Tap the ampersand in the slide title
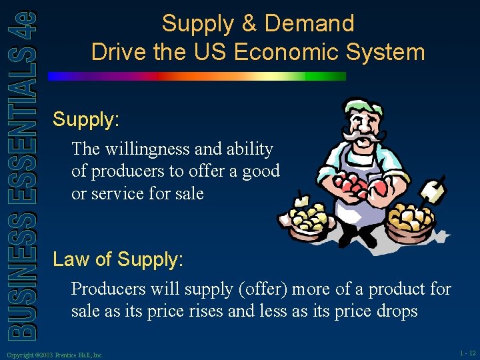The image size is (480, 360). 249,24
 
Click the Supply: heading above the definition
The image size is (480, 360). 86,120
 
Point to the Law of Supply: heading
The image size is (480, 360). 118,259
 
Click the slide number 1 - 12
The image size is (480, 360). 467,353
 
